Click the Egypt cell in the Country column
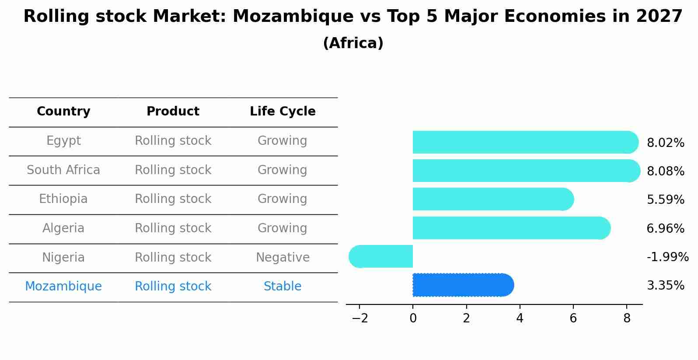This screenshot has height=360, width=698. pos(63,141)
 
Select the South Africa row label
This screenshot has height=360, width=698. pos(63,170)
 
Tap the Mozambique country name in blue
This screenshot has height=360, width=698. pos(63,287)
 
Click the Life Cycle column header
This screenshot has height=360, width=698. pos(283,112)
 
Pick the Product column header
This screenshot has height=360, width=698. pos(173,112)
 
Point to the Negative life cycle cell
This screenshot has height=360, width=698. pos(283,258)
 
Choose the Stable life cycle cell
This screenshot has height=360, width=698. pos(283,287)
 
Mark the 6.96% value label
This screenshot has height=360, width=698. pos(665,229)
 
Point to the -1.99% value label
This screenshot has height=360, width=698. pos(667,257)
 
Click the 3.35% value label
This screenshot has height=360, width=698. pos(665,286)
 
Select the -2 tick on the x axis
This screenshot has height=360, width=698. pos(359,318)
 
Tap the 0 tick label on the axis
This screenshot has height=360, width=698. pos(413,318)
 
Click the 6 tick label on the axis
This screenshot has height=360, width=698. pos(573,318)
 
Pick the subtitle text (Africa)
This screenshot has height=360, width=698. pos(353,43)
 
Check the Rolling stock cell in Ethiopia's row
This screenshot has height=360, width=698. pos(173,199)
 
